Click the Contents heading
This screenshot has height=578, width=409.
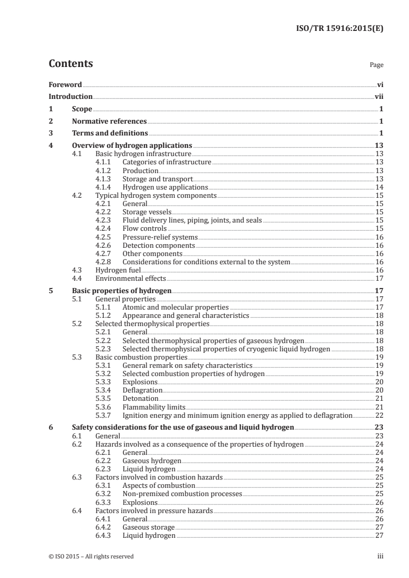[x=71, y=64]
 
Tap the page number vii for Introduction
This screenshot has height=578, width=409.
[x=379, y=96]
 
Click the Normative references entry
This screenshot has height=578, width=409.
[x=109, y=122]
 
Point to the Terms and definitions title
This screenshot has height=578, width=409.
[x=107, y=134]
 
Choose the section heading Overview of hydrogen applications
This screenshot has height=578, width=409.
[x=132, y=145]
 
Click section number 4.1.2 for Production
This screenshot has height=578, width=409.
[x=105, y=171]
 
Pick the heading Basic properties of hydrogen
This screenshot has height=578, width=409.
[x=122, y=290]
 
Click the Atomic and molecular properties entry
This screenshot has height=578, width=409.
[x=175, y=307]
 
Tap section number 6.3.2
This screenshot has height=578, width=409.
[x=105, y=494]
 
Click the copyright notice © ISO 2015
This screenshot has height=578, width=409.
[x=91, y=556]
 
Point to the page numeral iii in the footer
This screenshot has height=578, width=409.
[x=380, y=556]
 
